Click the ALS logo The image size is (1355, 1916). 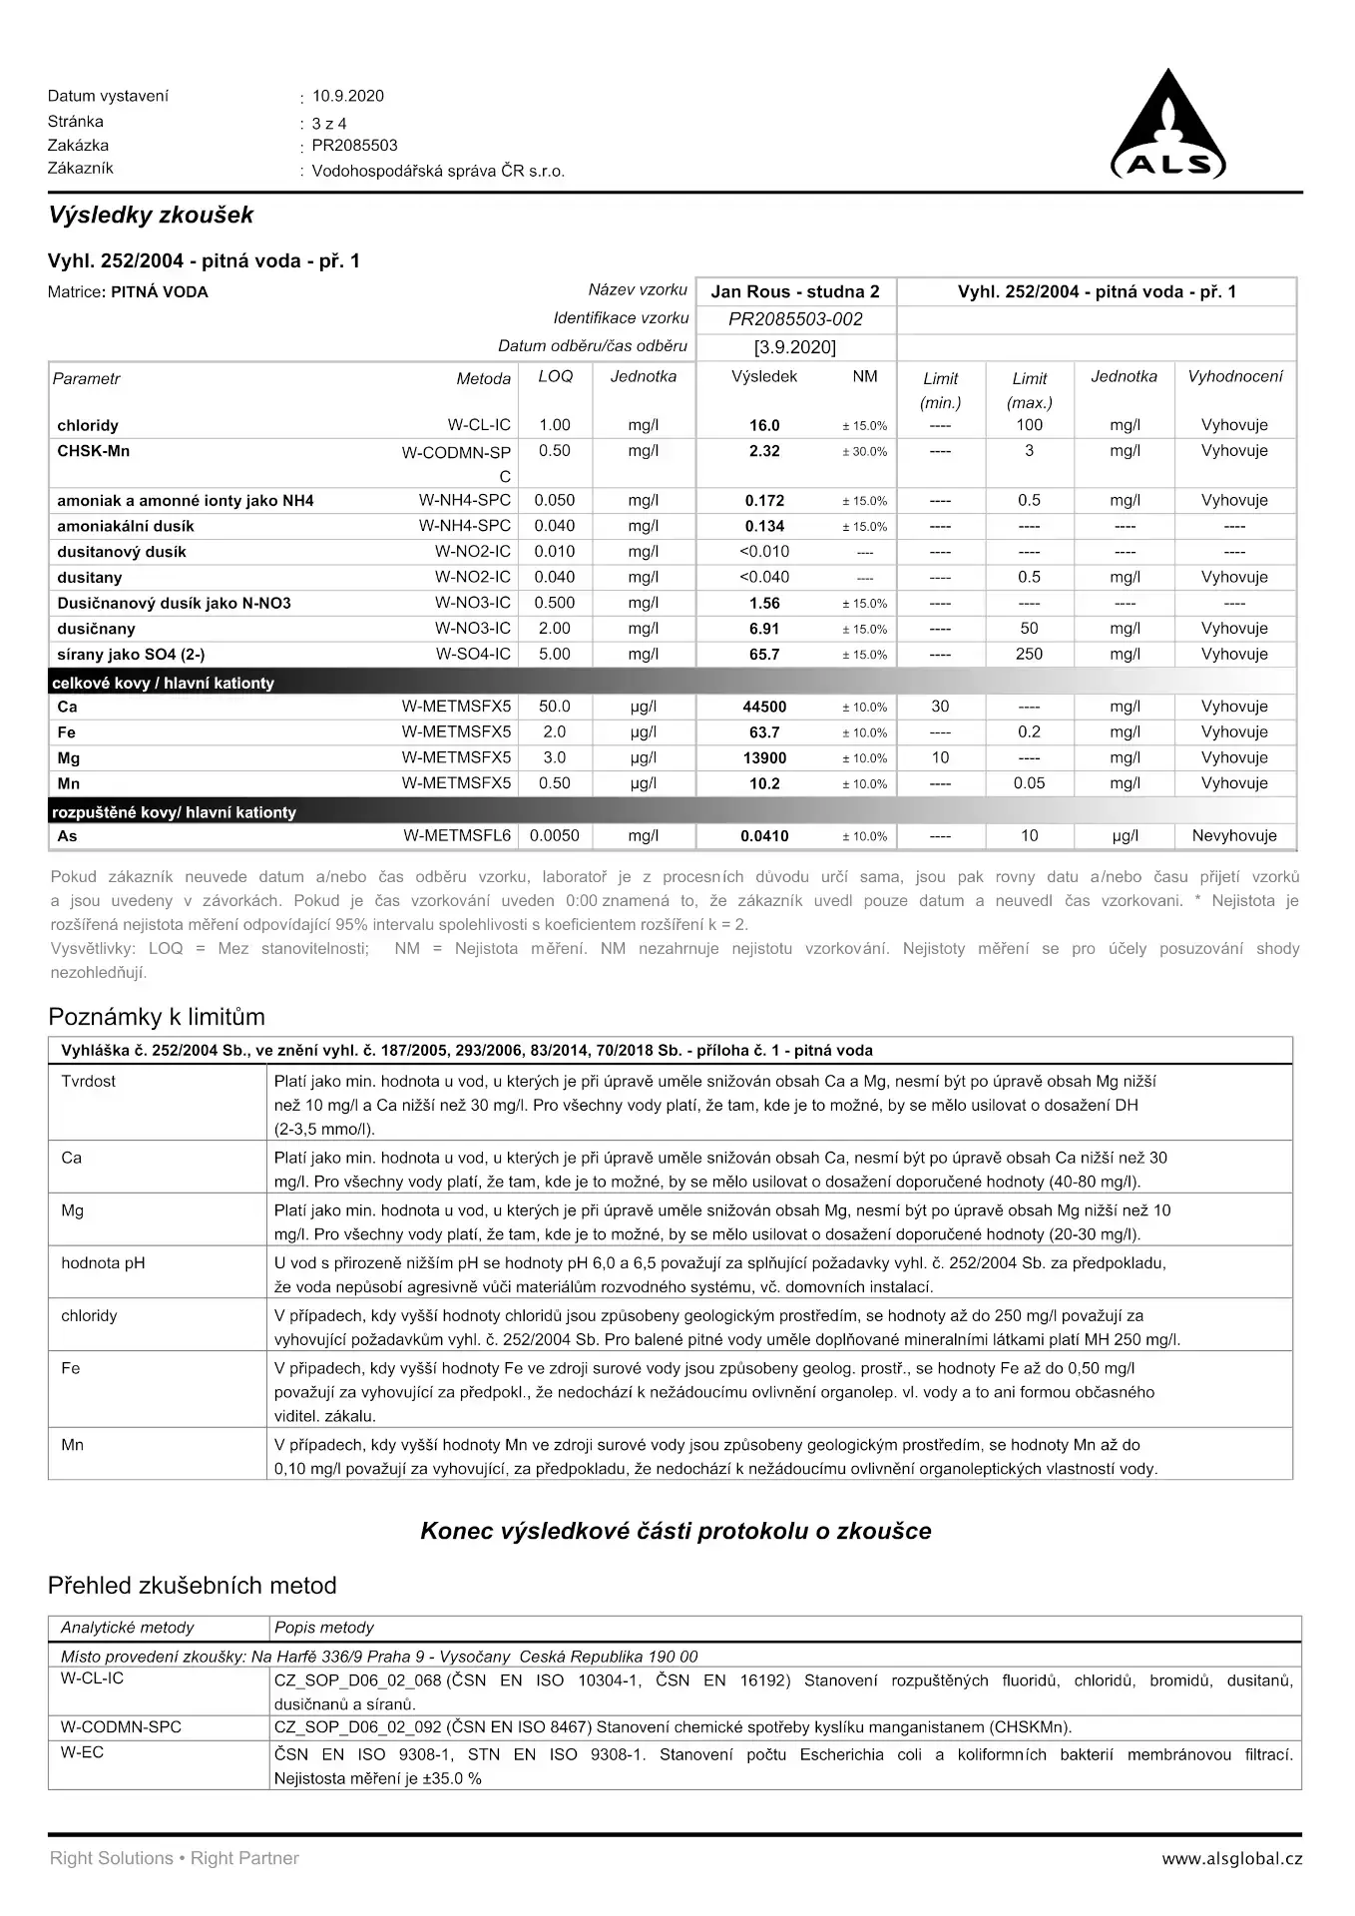pyautogui.click(x=1168, y=128)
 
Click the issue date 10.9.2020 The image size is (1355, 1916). pyautogui.click(x=347, y=96)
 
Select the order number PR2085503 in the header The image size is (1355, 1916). pyautogui.click(x=354, y=145)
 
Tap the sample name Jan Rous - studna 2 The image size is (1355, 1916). pyautogui.click(x=794, y=291)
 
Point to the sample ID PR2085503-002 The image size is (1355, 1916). pyautogui.click(x=794, y=319)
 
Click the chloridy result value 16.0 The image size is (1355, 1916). pyautogui.click(x=764, y=425)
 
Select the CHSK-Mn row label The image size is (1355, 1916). pyautogui.click(x=94, y=451)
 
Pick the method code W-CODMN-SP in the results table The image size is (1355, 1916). pyautogui.click(x=456, y=453)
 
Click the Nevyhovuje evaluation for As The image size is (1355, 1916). pyautogui.click(x=1233, y=836)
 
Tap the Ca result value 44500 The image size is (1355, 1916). pyautogui.click(x=764, y=707)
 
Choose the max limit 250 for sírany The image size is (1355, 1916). pyautogui.click(x=1029, y=655)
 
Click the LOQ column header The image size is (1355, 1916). pyautogui.click(x=555, y=376)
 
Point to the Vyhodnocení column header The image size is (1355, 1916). pyautogui.click(x=1234, y=376)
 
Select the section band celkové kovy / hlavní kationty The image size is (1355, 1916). pyautogui.click(x=163, y=683)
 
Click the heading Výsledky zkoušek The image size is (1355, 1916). pyautogui.click(x=151, y=215)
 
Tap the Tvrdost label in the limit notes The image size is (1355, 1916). pyautogui.click(x=88, y=1081)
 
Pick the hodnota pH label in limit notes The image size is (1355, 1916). pyautogui.click(x=103, y=1262)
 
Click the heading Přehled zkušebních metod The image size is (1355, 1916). pyautogui.click(x=192, y=1586)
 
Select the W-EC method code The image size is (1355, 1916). pyautogui.click(x=82, y=1752)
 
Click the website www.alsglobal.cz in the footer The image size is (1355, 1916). pyautogui.click(x=1231, y=1858)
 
